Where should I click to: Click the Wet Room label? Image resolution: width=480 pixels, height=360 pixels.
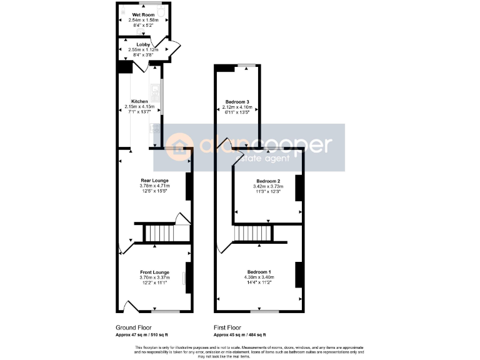coord(143,14)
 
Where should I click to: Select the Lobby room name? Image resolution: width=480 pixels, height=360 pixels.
coord(143,44)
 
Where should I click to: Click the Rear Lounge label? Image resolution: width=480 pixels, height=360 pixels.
coord(155,180)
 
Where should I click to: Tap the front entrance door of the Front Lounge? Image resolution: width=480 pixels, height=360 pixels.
coord(129,307)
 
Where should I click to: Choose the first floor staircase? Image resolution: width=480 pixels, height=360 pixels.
coord(254,234)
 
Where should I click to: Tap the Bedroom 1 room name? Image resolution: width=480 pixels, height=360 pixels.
coord(259,272)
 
